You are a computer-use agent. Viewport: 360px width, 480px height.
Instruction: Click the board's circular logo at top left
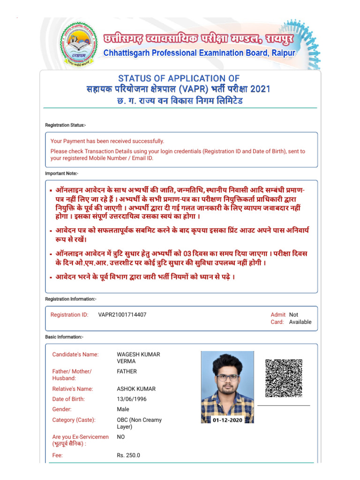pos(79,44)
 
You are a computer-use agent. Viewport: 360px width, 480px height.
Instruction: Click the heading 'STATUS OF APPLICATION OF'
pos(179,78)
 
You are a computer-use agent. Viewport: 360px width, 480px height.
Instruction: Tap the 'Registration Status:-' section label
pos(65,125)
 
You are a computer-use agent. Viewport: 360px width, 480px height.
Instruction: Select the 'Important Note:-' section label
pos(61,173)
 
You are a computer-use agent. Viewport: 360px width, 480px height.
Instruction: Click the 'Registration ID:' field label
pos(69,315)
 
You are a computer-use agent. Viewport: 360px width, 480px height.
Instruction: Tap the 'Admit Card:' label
pos(277,318)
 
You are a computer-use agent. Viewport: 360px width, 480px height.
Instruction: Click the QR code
pos(284,378)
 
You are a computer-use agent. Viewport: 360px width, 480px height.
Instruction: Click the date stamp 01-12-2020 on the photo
pos(227,420)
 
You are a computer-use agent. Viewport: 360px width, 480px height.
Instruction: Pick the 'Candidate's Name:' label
pos(75,354)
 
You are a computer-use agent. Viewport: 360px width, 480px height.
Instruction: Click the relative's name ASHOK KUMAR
pos(136,389)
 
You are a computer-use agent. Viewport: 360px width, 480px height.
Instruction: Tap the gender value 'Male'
pos(123,409)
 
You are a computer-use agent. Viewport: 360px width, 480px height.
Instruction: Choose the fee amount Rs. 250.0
pos(128,455)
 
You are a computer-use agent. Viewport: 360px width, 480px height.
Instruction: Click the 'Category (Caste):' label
pos(74,420)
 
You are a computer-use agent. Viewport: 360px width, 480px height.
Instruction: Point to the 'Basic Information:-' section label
pos(64,337)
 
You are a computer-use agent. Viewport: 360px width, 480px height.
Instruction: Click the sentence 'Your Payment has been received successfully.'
pos(107,141)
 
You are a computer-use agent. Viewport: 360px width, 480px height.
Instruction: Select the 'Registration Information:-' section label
pos(71,299)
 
